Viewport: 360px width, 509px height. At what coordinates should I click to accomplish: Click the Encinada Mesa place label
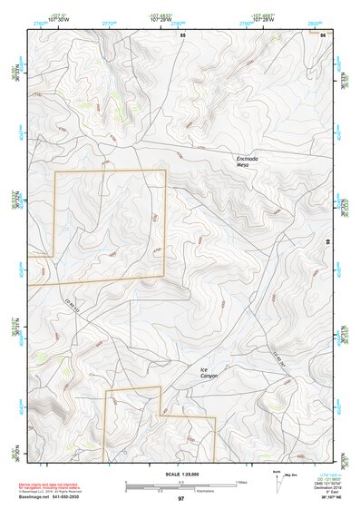(x=248, y=162)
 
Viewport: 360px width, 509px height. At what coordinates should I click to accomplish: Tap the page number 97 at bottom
(x=180, y=500)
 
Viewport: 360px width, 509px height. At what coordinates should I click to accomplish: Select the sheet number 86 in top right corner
(x=323, y=34)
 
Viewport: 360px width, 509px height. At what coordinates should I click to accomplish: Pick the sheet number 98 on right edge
(x=327, y=242)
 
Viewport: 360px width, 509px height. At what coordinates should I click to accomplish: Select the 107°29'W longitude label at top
(x=160, y=19)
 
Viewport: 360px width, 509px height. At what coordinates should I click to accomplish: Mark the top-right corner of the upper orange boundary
(x=165, y=170)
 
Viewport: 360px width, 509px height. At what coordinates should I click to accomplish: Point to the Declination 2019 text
(x=318, y=487)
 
